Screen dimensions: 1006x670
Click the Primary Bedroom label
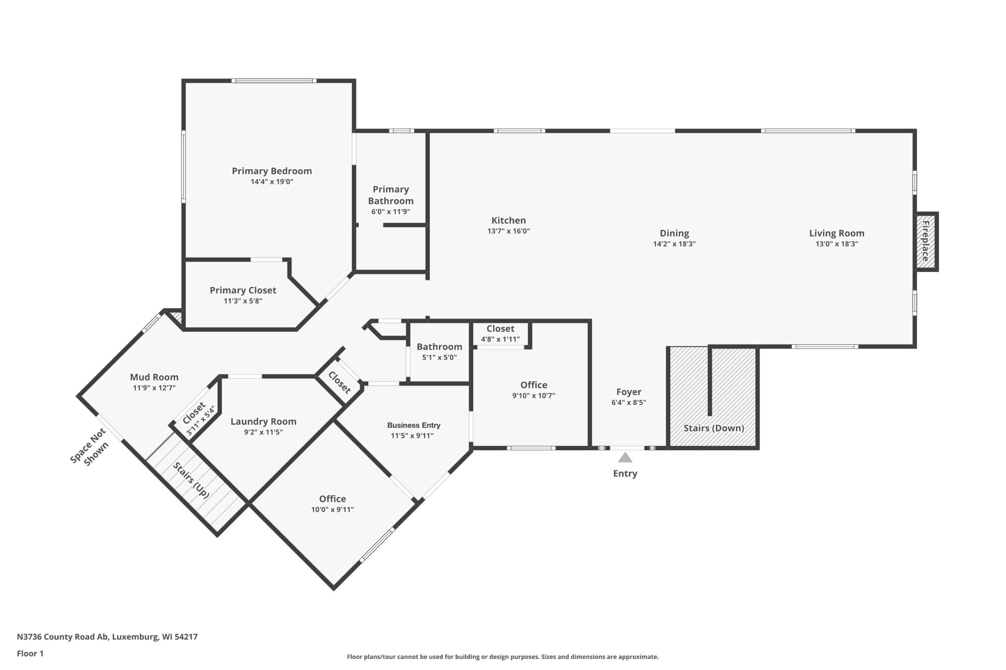pos(272,171)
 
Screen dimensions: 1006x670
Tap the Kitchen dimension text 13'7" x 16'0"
pos(509,231)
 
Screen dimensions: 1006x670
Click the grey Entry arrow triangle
pos(625,457)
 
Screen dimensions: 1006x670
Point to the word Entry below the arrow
pos(625,473)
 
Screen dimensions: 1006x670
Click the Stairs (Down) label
pos(714,428)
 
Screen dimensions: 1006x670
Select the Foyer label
pos(629,392)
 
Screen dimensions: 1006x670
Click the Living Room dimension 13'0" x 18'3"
pos(837,244)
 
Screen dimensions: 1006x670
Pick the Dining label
pos(674,233)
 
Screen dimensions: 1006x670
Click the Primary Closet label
pos(243,290)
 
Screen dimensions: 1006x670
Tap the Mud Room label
pos(154,377)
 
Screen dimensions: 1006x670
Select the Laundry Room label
pos(263,421)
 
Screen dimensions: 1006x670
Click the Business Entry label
pos(414,425)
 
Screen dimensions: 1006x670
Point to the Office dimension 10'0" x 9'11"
pos(332,509)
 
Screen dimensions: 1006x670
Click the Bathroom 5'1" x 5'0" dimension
pos(439,357)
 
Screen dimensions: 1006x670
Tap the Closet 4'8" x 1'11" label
pos(500,329)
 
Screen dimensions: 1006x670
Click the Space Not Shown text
pos(90,447)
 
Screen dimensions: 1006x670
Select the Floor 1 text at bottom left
pos(30,654)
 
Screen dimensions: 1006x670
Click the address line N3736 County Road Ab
pos(107,637)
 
